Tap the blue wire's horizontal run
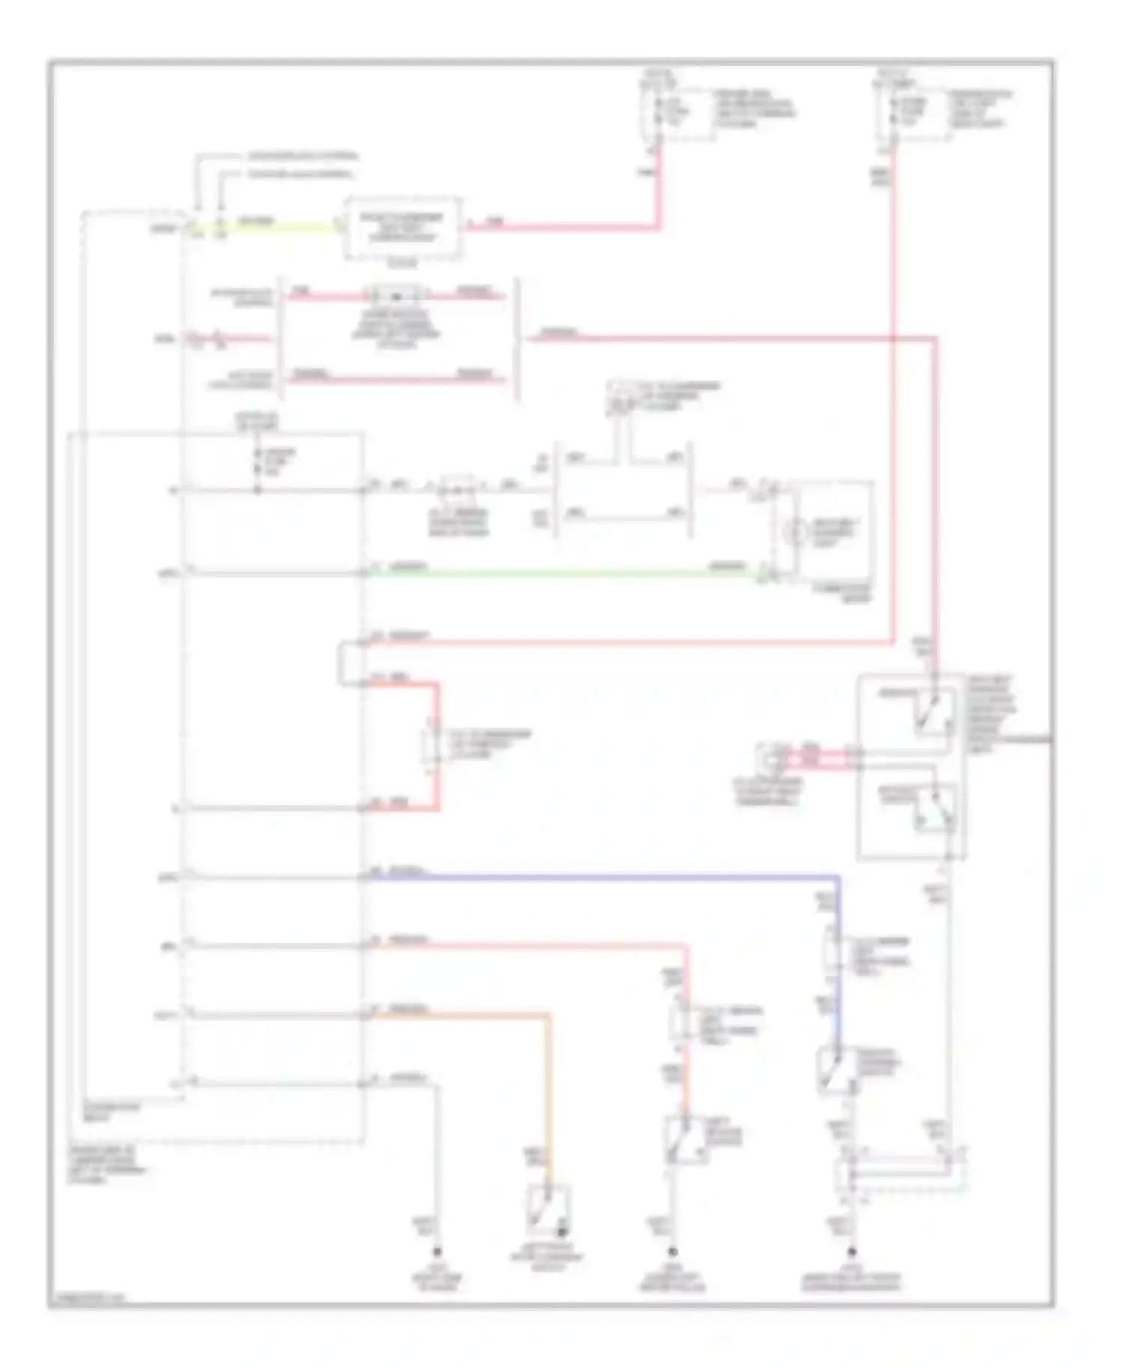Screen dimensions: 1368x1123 click(599, 876)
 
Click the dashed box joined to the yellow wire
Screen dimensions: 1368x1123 click(402, 228)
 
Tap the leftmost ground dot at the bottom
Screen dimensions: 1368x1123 click(437, 1252)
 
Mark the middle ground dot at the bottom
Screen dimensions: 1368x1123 click(672, 1252)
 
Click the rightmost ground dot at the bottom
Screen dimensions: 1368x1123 click(851, 1252)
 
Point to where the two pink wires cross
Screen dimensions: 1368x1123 click(893, 338)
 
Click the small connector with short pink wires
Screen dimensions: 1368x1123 click(771, 760)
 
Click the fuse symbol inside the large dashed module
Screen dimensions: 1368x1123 click(258, 464)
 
